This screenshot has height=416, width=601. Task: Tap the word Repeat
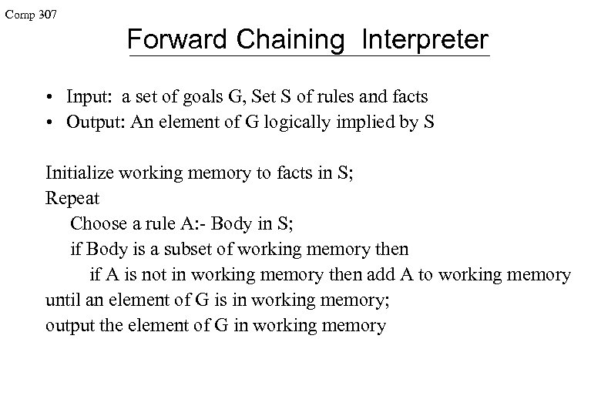(x=72, y=199)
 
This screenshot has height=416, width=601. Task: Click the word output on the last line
(x=69, y=325)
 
